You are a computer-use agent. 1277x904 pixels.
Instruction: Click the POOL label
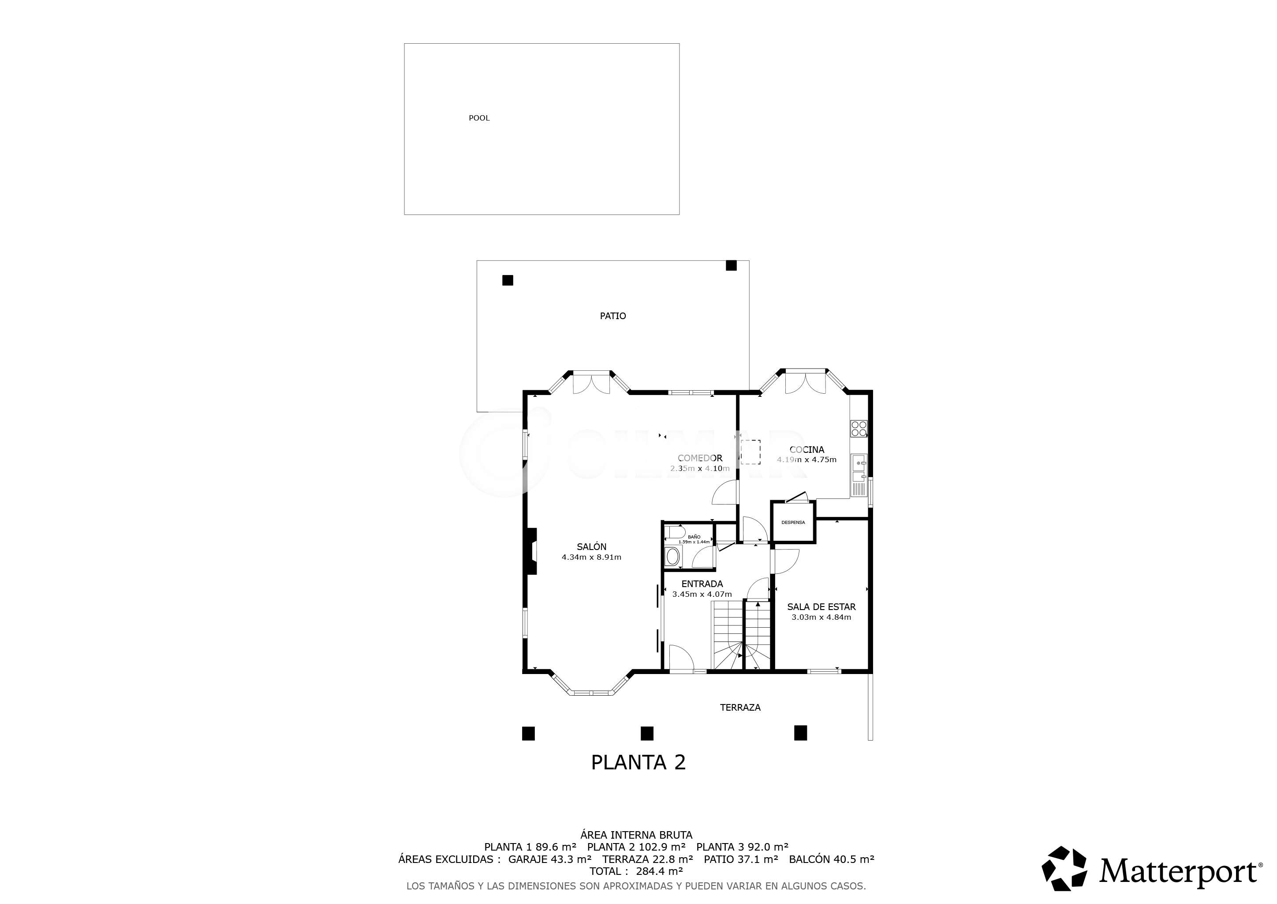coord(479,118)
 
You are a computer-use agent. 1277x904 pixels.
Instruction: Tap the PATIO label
coord(612,316)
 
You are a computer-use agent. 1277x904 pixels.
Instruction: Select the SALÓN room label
coord(591,546)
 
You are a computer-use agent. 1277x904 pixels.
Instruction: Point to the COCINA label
coord(807,450)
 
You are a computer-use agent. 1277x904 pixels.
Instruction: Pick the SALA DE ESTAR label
coord(821,607)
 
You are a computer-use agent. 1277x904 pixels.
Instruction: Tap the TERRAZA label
coord(740,708)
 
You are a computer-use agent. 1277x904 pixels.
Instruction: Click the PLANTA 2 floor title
coord(638,762)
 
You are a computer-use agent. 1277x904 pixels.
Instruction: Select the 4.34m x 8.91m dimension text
coord(591,557)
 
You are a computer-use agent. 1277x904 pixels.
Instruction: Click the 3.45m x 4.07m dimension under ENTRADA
coord(702,594)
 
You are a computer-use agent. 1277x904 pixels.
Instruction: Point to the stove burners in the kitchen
coord(859,428)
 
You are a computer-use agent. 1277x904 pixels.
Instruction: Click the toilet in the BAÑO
coord(676,531)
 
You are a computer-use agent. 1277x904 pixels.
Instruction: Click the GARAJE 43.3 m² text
coord(549,859)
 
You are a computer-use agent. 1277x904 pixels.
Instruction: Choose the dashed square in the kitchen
coord(751,452)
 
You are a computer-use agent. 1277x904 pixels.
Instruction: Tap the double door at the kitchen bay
coord(805,382)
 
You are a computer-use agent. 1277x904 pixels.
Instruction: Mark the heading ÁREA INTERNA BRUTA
coord(636,835)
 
